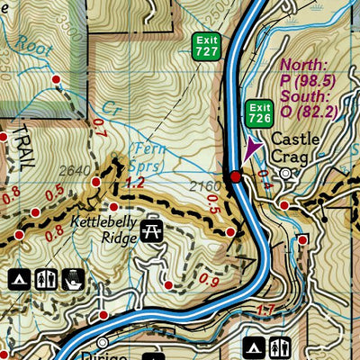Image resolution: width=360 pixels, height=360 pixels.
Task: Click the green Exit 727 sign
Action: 206,47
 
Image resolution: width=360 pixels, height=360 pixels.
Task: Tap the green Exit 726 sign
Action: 260,113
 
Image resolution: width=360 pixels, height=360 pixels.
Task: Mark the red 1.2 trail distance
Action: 135,182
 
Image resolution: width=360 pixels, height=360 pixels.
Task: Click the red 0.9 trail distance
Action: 209,281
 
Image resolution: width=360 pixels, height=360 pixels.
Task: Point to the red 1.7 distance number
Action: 265,312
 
